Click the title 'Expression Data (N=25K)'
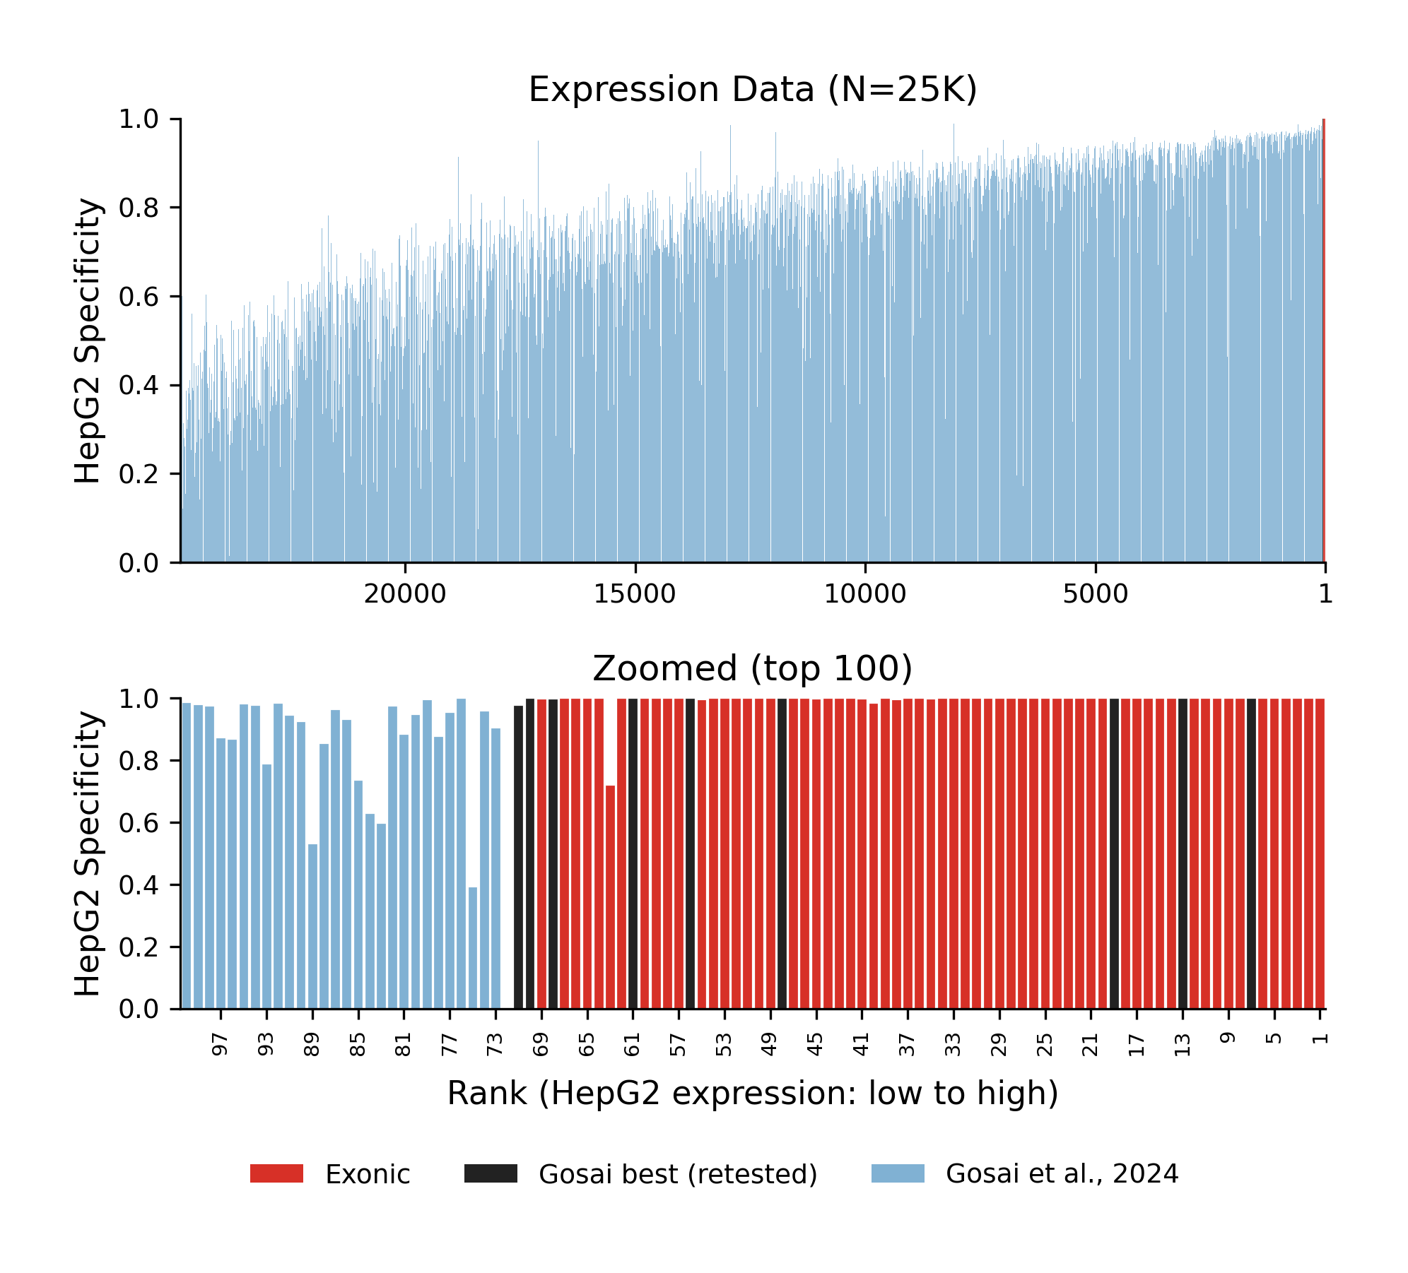point(752,90)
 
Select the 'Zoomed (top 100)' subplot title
point(752,668)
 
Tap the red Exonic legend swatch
point(276,1173)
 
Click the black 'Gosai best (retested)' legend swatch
point(491,1173)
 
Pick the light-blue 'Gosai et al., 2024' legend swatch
point(898,1173)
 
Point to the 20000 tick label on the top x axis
point(404,595)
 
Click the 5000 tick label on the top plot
point(1095,595)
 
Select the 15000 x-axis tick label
point(635,595)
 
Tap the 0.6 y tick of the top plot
point(139,297)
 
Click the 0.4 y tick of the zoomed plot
point(139,885)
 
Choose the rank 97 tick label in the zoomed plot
point(221,1044)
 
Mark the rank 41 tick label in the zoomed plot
point(861,1044)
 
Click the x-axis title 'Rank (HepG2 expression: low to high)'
point(752,1094)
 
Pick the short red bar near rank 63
point(610,897)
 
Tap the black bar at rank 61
point(633,855)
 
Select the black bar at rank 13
point(1183,855)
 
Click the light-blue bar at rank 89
point(312,925)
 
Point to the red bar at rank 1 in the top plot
point(1323,339)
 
